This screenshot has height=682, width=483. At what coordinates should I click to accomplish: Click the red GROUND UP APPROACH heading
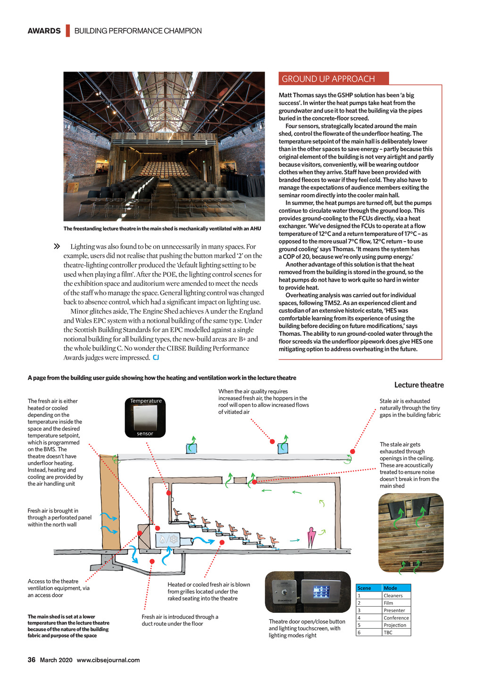tap(328, 79)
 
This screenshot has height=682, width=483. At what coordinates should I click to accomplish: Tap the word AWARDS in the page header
tap(44, 31)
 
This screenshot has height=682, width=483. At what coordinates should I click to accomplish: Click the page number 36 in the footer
tap(32, 660)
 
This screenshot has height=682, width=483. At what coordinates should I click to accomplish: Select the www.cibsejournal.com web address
tap(108, 660)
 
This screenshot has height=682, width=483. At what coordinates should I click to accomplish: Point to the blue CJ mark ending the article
tap(156, 357)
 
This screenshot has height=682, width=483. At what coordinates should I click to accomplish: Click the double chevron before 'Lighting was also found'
tap(57, 246)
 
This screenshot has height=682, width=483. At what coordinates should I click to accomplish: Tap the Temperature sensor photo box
tap(145, 417)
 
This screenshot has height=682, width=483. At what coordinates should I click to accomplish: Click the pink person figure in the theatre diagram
tap(311, 537)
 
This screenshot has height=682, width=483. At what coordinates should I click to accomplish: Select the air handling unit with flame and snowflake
tap(168, 540)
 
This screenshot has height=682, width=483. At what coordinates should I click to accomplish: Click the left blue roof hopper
tap(192, 448)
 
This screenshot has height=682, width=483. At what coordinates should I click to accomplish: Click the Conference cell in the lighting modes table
tap(396, 618)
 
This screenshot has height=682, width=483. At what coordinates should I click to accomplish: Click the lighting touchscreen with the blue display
tap(321, 592)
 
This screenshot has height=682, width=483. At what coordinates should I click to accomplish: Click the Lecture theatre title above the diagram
tap(419, 385)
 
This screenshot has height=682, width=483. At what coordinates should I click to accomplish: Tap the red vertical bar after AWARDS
tap(68, 31)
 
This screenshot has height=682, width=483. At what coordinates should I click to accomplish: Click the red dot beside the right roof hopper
tap(272, 441)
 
